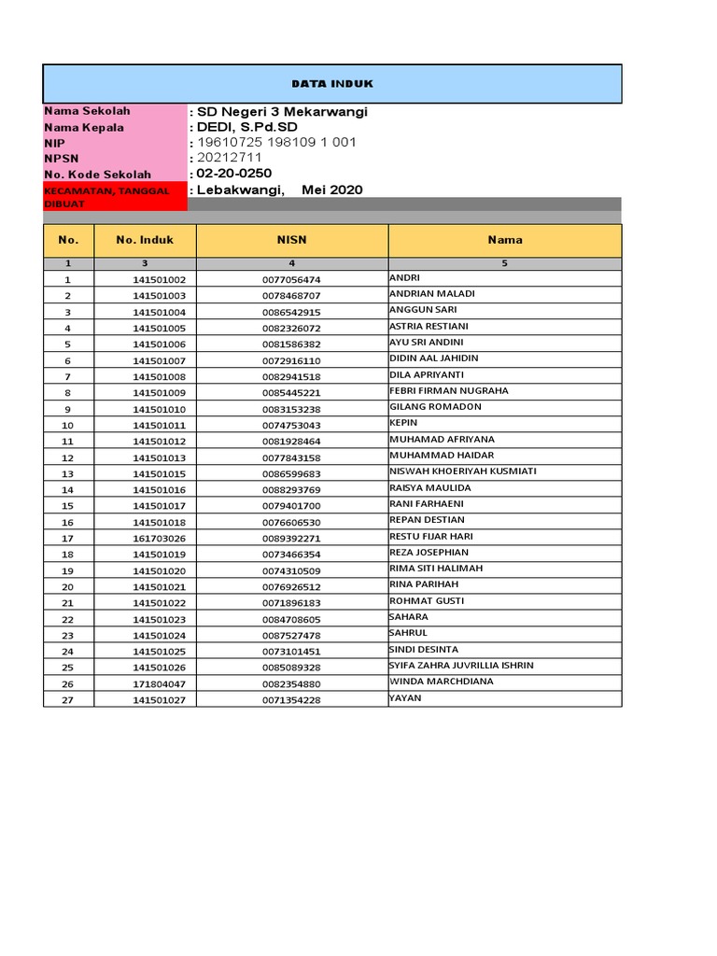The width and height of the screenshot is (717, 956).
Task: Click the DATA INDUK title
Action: pos(331,84)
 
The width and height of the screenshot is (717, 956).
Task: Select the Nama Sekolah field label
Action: pos(87,111)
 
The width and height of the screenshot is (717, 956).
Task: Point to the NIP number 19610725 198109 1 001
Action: pos(275,143)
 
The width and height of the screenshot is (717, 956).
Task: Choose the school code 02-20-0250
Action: pos(233,174)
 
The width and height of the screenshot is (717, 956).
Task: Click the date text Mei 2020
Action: pos(332,190)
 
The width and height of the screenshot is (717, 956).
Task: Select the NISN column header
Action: pos(291,240)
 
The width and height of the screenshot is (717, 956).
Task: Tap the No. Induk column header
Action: pos(145,240)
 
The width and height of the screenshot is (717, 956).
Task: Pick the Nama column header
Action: pos(504,240)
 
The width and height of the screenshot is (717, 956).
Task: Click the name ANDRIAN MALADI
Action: pos(431,294)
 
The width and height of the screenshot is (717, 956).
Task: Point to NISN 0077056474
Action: pos(291,280)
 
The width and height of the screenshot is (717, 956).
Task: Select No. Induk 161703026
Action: pos(159,539)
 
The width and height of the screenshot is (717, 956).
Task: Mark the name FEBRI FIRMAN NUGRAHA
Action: pos(449,391)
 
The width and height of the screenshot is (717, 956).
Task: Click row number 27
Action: pos(67,700)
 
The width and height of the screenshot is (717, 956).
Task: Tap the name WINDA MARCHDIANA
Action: pos(442,682)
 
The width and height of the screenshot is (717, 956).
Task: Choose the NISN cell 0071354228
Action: pos(291,700)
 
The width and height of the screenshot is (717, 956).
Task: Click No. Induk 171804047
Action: pos(159,684)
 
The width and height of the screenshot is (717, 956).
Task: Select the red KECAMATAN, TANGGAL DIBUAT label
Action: pos(106,196)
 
